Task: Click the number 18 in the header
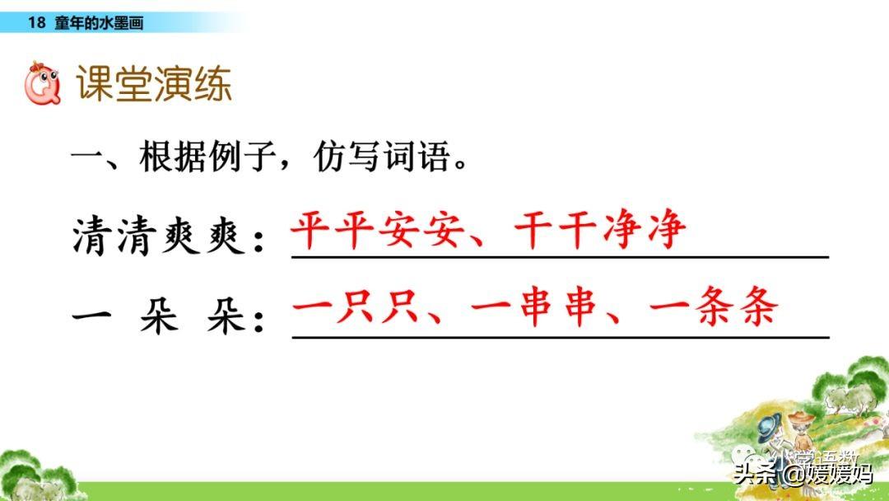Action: [36, 23]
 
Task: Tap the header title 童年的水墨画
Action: [99, 23]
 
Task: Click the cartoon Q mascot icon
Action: [43, 83]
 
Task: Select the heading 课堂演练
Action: [154, 83]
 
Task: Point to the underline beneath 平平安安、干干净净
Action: [561, 257]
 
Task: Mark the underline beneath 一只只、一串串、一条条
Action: [561, 337]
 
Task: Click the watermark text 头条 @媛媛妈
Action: [803, 473]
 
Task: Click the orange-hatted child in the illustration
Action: [801, 431]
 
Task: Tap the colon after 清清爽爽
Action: [259, 242]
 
